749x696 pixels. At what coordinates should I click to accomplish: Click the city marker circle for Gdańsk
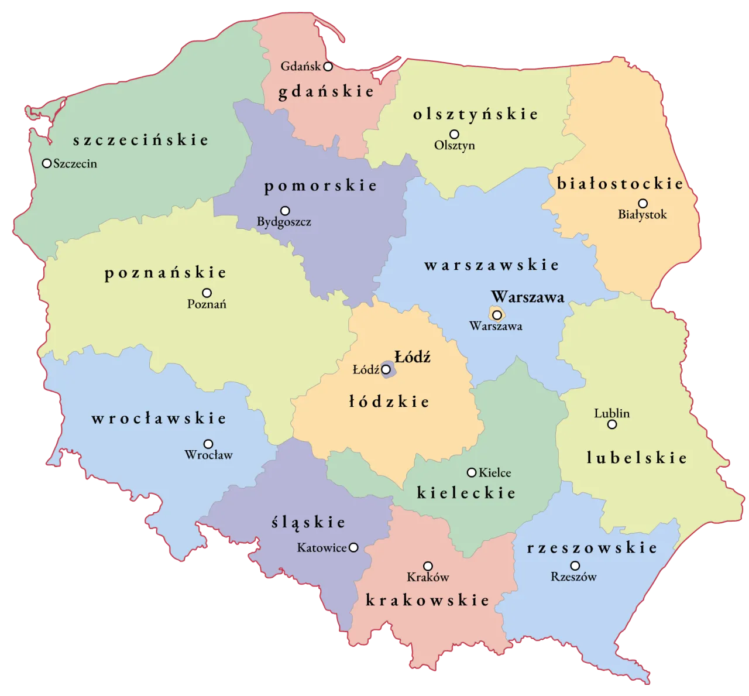(x=328, y=67)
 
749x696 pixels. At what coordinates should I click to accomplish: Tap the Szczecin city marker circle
(x=47, y=163)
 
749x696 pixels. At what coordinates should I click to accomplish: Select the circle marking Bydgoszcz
(x=285, y=211)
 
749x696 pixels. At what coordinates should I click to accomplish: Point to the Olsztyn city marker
(x=454, y=135)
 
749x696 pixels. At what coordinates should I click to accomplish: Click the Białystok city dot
(x=643, y=204)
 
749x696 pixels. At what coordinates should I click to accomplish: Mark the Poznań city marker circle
(x=207, y=293)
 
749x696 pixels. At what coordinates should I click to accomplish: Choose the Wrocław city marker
(x=208, y=444)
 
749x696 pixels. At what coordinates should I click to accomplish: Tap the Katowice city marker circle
(x=353, y=548)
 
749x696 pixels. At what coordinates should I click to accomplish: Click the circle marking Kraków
(x=428, y=567)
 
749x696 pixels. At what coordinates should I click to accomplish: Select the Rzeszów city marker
(x=575, y=566)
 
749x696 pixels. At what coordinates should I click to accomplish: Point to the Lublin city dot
(x=612, y=424)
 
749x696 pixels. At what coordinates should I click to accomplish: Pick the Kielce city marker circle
(x=471, y=472)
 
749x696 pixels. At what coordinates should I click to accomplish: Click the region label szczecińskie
(x=140, y=140)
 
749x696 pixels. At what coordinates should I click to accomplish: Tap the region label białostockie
(x=620, y=184)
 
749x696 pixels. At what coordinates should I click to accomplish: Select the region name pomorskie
(x=321, y=186)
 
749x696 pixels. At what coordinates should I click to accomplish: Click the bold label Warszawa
(x=528, y=297)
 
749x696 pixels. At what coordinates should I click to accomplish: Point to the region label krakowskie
(x=427, y=600)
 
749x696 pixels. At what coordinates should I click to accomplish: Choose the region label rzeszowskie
(x=592, y=548)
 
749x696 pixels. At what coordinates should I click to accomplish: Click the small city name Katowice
(x=322, y=548)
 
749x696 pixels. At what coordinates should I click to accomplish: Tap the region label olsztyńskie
(x=475, y=114)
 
